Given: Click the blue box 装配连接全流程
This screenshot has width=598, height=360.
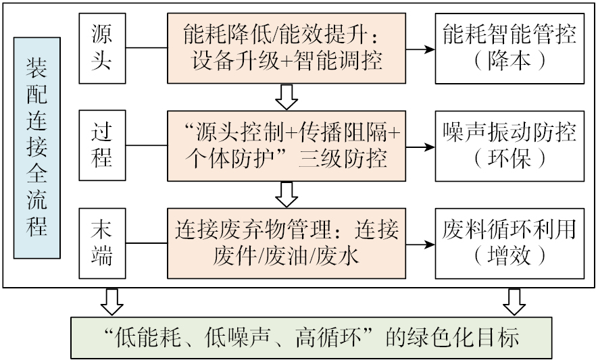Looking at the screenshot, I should point(37,148).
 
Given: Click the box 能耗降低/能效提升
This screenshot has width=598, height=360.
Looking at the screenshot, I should point(287,48).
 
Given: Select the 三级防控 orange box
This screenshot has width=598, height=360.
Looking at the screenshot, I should point(287,146).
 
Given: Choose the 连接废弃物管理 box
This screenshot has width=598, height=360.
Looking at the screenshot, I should point(287,244).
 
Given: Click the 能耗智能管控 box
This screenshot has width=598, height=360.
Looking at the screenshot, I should point(509,48).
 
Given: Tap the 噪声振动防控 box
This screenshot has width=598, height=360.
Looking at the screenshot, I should point(509,146).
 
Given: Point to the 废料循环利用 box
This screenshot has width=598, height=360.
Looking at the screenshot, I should point(509,244).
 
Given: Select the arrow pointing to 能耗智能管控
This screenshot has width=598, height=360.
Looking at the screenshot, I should point(420,49).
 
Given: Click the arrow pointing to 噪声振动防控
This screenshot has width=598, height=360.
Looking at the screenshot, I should point(420,147).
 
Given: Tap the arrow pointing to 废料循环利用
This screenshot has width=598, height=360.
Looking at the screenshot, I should point(420,245).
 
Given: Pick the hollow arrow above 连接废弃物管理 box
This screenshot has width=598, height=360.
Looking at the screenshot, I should point(287,195).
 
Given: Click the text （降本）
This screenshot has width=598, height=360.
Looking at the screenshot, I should point(509,61).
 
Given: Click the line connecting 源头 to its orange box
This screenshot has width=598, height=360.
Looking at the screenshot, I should point(147,49).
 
